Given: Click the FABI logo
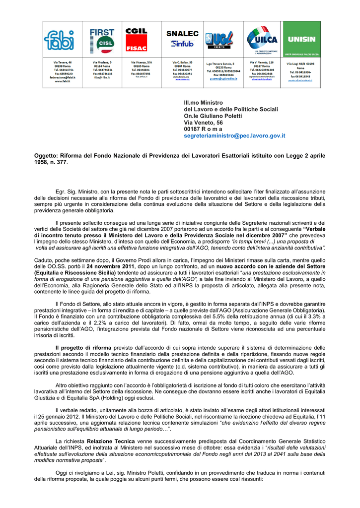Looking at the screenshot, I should pyautogui.click(x=59, y=40).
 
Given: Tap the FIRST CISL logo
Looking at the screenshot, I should pyautogui.click(x=101, y=40).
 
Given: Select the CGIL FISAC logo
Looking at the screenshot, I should pyautogui.click(x=136, y=39).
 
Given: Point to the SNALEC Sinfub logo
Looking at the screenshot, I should pyautogui.click(x=182, y=39).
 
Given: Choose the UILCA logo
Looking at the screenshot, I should pyautogui.click(x=261, y=39).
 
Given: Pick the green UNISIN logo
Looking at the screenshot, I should pyautogui.click(x=301, y=40).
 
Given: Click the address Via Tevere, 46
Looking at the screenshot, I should pyautogui.click(x=63, y=63).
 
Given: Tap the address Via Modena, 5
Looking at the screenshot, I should pyautogui.click(x=103, y=63).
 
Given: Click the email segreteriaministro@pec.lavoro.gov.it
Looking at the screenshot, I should pyautogui.click(x=234, y=135).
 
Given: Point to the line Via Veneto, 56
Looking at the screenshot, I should pyautogui.click(x=203, y=123).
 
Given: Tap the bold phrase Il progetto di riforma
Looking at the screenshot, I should pyautogui.click(x=83, y=348).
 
